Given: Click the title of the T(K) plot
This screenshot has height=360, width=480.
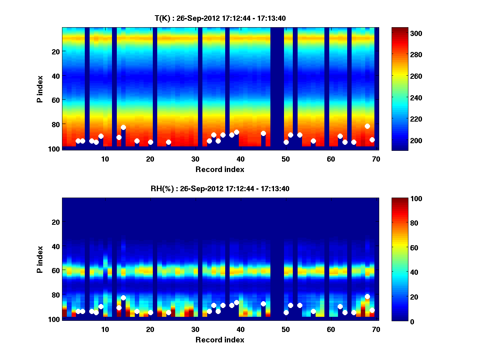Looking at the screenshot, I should [220, 18].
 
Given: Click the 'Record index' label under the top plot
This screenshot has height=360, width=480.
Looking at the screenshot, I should [220, 169].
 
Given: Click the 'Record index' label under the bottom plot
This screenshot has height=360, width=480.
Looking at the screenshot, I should [220, 340].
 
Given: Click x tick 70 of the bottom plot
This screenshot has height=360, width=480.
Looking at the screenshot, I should [376, 329].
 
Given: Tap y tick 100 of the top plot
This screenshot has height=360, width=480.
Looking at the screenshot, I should [55, 149].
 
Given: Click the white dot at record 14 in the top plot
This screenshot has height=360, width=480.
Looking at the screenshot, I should [123, 127].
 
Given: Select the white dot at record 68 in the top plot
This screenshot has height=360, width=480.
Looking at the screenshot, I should [367, 126].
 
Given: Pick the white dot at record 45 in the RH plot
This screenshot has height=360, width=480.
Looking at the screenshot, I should [263, 304].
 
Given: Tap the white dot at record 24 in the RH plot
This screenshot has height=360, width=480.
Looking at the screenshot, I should [168, 312].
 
